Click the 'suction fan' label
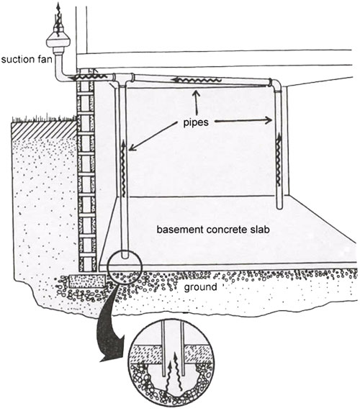pyautogui.click(x=27, y=59)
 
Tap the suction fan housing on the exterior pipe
pyautogui.click(x=58, y=41)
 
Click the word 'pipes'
pyautogui.click(x=196, y=122)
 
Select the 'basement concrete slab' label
pyautogui.click(x=213, y=230)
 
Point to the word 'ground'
pyautogui.click(x=200, y=286)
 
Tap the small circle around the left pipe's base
pyautogui.click(x=125, y=267)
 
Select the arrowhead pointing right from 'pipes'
pyautogui.click(x=269, y=120)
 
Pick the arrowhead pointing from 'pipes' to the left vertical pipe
pyautogui.click(x=132, y=148)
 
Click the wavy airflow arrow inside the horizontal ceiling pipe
pyautogui.click(x=196, y=80)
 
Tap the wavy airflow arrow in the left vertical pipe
pyautogui.click(x=124, y=168)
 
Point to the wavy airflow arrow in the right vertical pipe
pyautogui.click(x=279, y=159)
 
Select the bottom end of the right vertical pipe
pyautogui.click(x=279, y=207)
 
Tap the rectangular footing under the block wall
pyautogui.click(x=87, y=281)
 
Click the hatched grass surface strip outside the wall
pyautogui.click(x=44, y=130)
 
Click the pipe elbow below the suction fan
pyautogui.click(x=60, y=75)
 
